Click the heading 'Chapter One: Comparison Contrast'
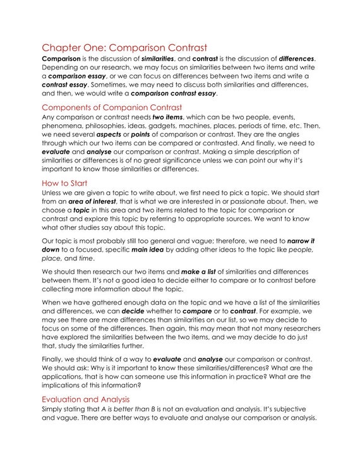click(124, 47)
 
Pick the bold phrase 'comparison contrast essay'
click(173, 94)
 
